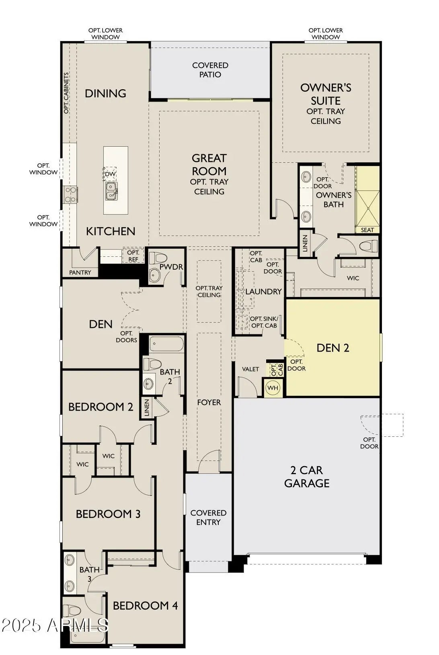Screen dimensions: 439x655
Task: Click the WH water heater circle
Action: pyautogui.click(x=273, y=388)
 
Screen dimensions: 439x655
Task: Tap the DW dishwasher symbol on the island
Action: pyautogui.click(x=110, y=174)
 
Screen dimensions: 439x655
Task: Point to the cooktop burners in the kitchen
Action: pyautogui.click(x=70, y=195)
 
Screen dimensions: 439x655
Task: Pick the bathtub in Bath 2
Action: pyautogui.click(x=166, y=344)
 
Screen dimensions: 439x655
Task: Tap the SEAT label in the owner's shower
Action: pyautogui.click(x=367, y=230)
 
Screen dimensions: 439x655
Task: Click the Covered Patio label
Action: pyautogui.click(x=210, y=70)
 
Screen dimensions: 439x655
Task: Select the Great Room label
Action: pyautogui.click(x=209, y=165)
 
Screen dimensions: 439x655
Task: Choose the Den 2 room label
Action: pyautogui.click(x=333, y=348)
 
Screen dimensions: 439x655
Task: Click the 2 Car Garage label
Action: pyautogui.click(x=307, y=477)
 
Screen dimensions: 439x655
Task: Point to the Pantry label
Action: pyautogui.click(x=80, y=272)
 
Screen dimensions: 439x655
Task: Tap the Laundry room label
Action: pyautogui.click(x=263, y=291)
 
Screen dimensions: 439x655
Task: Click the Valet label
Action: pyautogui.click(x=250, y=369)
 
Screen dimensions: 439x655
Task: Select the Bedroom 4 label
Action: pyautogui.click(x=146, y=605)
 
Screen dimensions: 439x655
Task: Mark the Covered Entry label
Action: pyautogui.click(x=208, y=517)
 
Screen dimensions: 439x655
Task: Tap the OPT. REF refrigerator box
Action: pyautogui.click(x=133, y=256)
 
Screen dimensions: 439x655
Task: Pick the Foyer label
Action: pyautogui.click(x=209, y=402)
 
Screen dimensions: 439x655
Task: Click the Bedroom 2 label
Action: pyautogui.click(x=101, y=407)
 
